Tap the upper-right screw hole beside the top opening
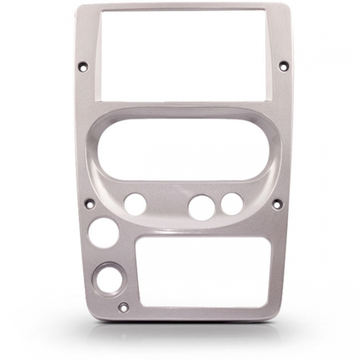(284, 66)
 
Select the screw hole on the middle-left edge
(90, 204)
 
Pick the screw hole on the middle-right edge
(277, 204)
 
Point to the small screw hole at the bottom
(124, 308)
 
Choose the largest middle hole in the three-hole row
(200, 207)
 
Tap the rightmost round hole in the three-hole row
(232, 204)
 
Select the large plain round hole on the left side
(104, 233)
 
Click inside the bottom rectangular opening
(203, 271)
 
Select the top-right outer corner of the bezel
(287, 5)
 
